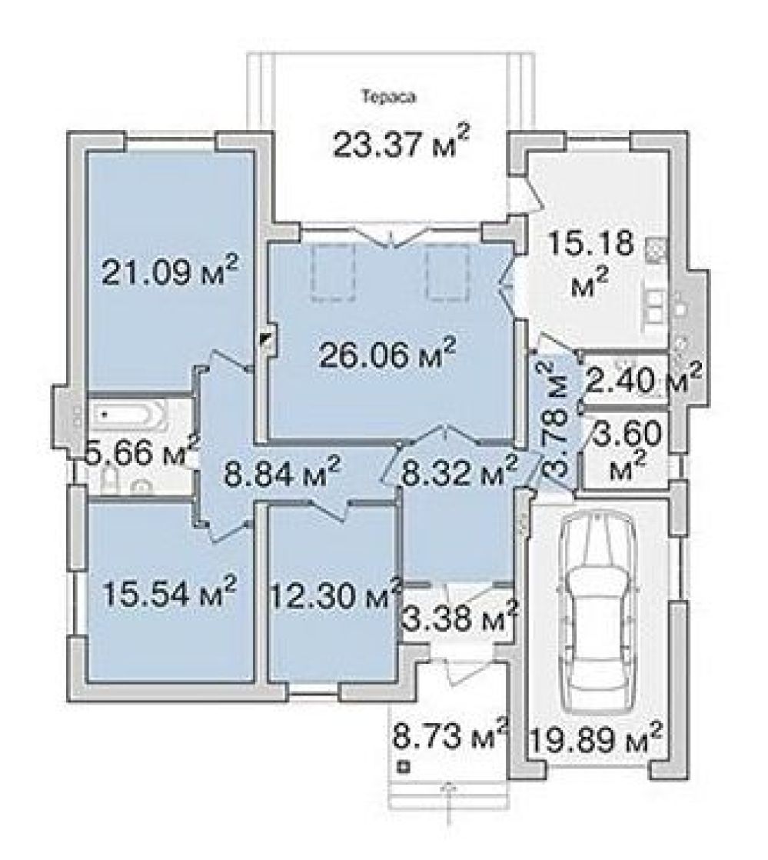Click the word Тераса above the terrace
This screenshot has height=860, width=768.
[389, 98]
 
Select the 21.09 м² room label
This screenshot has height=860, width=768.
[170, 271]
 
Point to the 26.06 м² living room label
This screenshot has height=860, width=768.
[387, 356]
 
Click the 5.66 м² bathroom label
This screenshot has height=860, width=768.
[141, 454]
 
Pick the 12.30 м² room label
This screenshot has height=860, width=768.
[335, 595]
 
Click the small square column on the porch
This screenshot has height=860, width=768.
[404, 767]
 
